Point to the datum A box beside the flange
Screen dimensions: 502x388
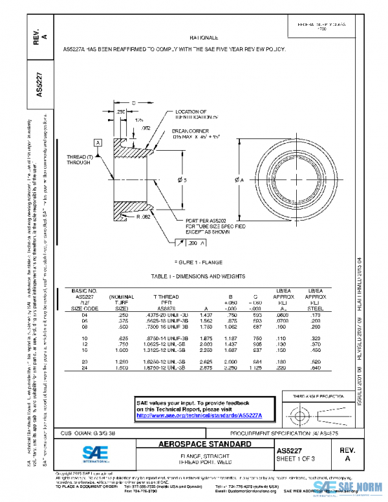click(98, 142)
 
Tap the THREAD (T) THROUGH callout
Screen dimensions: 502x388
click(78, 160)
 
